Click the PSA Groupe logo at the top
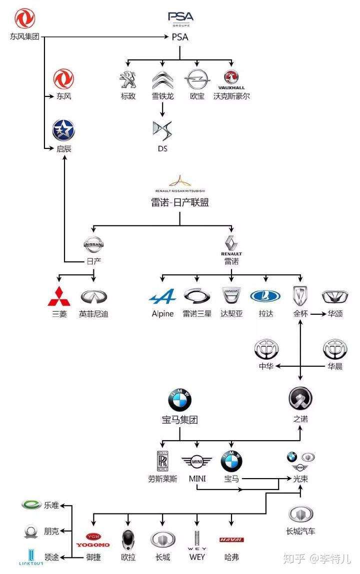(x=180, y=19)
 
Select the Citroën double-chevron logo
(x=162, y=80)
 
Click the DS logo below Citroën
(x=162, y=131)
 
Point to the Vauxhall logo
(x=231, y=80)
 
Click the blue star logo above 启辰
(x=63, y=130)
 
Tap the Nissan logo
(x=94, y=244)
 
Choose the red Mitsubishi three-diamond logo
(x=59, y=296)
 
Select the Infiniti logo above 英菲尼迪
(x=94, y=297)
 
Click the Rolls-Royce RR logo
(x=162, y=461)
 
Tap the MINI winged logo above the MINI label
(x=197, y=462)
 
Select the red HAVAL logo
(x=231, y=540)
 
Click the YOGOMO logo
(x=93, y=541)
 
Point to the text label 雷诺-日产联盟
(x=180, y=202)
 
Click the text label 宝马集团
(x=180, y=420)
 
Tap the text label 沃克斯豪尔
(x=231, y=96)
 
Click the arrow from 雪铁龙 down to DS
(x=162, y=109)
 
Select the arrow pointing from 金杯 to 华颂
(x=318, y=314)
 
